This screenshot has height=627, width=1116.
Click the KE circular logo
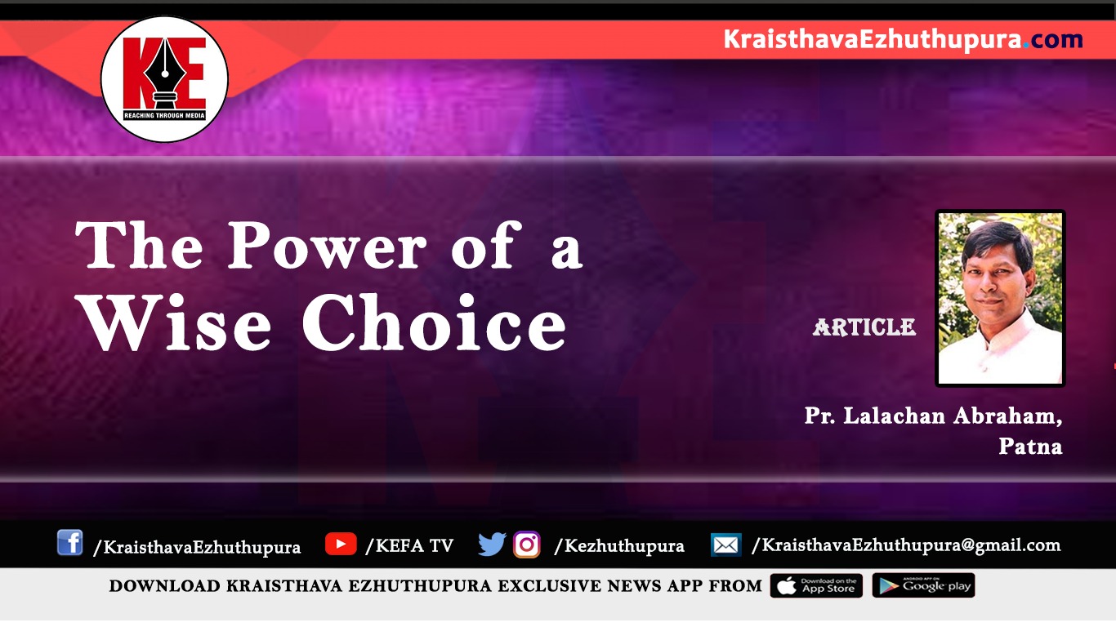click(164, 79)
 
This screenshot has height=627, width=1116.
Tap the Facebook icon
click(69, 542)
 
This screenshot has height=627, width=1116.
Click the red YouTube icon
click(341, 544)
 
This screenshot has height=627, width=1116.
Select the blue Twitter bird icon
click(492, 544)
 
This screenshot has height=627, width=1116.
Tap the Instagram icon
click(527, 545)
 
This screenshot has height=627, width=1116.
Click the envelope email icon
click(726, 545)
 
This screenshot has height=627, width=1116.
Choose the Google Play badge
click(923, 585)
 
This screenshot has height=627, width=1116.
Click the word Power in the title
click(328, 245)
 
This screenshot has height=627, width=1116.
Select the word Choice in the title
click(434, 321)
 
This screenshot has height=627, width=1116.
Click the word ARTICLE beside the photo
click(864, 327)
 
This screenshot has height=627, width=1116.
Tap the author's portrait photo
click(1000, 298)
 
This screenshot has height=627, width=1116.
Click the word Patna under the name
click(1030, 447)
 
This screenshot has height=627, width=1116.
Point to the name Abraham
click(1007, 416)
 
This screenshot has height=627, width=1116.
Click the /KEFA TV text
click(409, 545)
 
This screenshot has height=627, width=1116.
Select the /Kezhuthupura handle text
click(618, 546)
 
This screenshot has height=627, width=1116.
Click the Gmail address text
click(906, 545)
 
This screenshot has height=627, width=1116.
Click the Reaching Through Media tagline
click(164, 116)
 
